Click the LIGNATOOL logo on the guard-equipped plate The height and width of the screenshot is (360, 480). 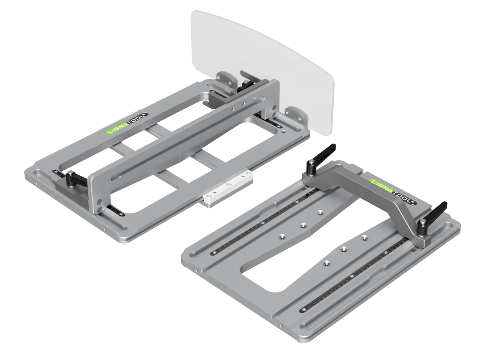(x=125, y=124)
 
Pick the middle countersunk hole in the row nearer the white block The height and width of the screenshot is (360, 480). (x=303, y=226)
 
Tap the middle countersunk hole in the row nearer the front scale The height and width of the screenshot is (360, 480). (x=345, y=250)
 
